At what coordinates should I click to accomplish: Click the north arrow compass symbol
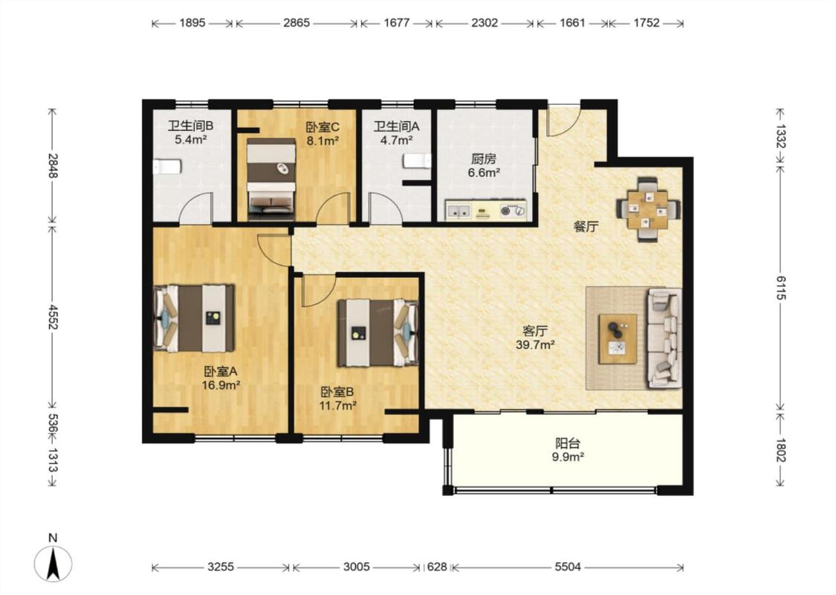[52, 563]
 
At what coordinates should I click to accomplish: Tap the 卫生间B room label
[190, 126]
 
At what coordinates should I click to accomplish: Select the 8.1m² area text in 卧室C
[323, 141]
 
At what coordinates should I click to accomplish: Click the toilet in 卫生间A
[418, 161]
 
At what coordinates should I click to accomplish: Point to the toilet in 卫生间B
[167, 167]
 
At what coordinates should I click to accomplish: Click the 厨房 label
[484, 159]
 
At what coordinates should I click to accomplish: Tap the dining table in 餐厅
[648, 209]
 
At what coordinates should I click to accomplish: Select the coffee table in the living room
[618, 339]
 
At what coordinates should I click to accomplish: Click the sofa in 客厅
[664, 338]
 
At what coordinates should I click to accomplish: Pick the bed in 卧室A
[194, 318]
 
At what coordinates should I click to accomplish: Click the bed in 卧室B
[378, 332]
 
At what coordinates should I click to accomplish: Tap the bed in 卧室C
[270, 178]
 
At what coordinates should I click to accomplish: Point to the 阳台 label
[567, 443]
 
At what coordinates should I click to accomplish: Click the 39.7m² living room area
[535, 344]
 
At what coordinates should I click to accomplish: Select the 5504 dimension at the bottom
[567, 567]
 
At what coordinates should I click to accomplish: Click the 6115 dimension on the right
[780, 288]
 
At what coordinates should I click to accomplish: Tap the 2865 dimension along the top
[297, 23]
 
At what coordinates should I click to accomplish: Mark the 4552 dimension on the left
[53, 317]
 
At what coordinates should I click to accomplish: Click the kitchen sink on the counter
[458, 210]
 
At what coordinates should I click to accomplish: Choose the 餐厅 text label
[586, 227]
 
